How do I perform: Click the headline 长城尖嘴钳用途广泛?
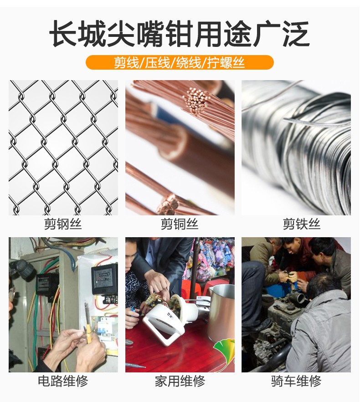pos(180,34)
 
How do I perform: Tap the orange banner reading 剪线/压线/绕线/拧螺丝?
pos(180,62)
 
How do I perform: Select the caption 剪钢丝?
pos(63,224)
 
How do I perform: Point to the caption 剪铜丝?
pos(180,224)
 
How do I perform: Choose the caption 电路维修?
pos(63,381)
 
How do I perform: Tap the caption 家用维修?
pos(180,381)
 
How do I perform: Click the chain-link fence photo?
pos(63,148)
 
